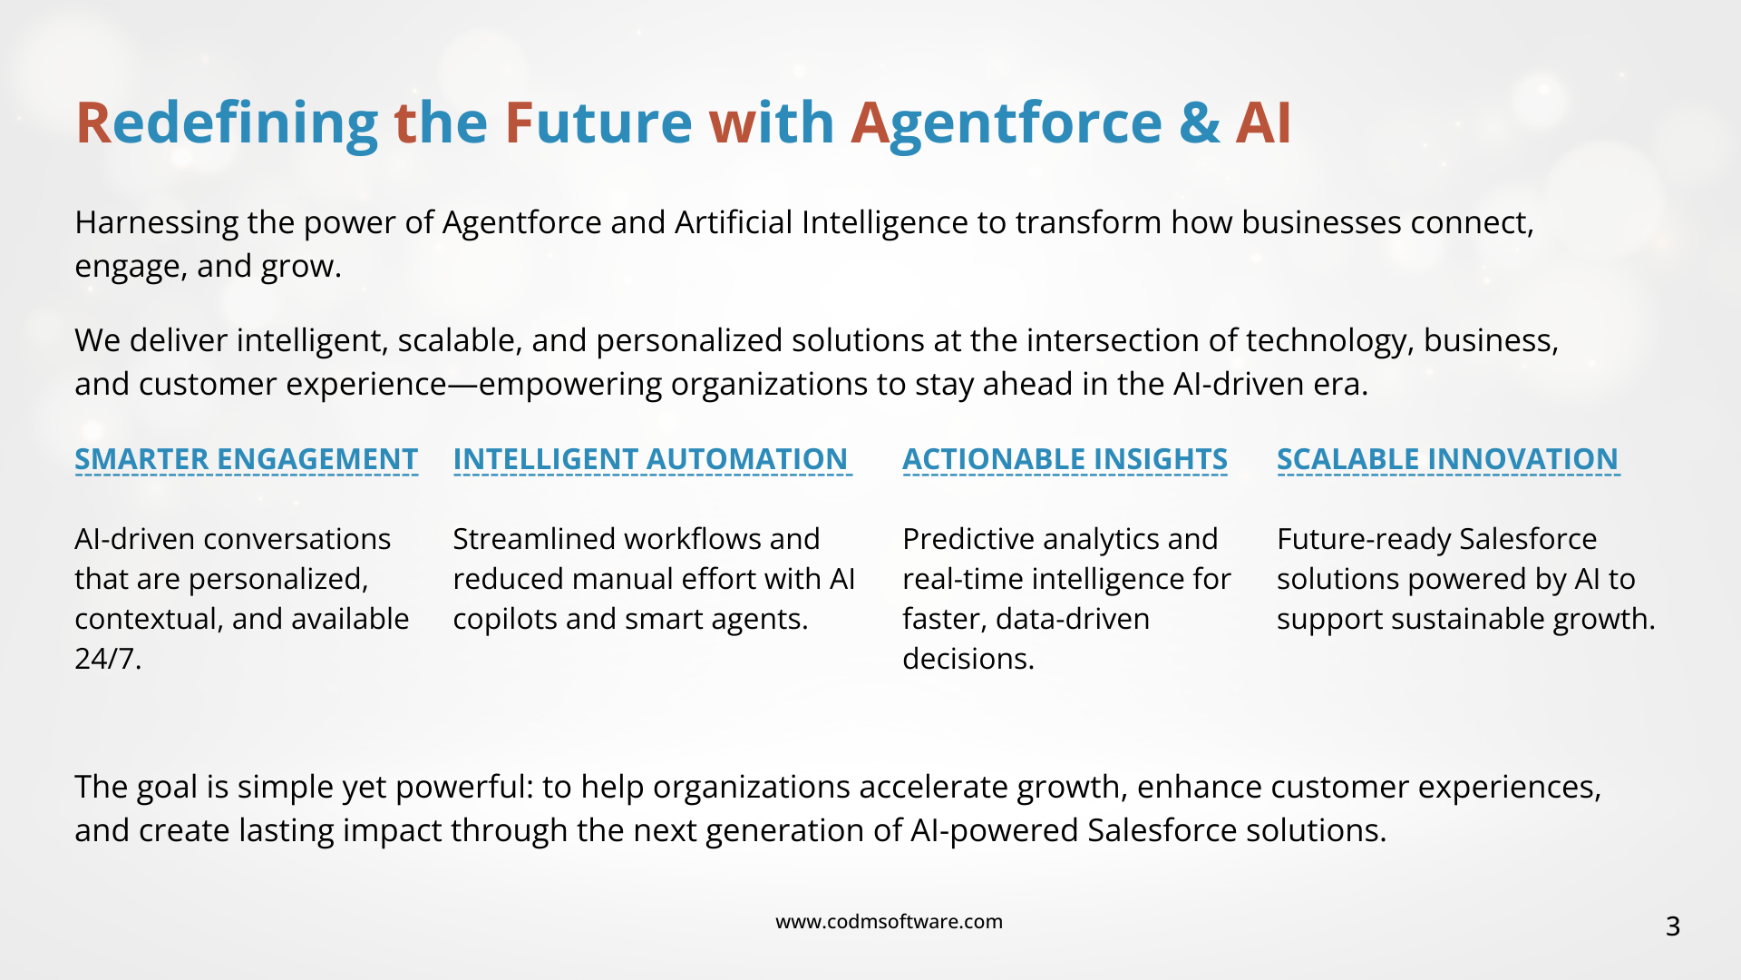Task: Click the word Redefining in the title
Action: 227,124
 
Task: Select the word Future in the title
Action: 598,122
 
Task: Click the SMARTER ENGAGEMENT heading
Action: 247,459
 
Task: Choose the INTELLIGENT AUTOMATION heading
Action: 651,459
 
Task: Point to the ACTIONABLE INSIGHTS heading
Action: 1065,459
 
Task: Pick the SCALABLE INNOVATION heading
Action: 1448,459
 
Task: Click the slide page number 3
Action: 1673,926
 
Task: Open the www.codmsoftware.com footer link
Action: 889,922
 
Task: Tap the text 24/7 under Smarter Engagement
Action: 108,659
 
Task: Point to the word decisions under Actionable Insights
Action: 968,659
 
